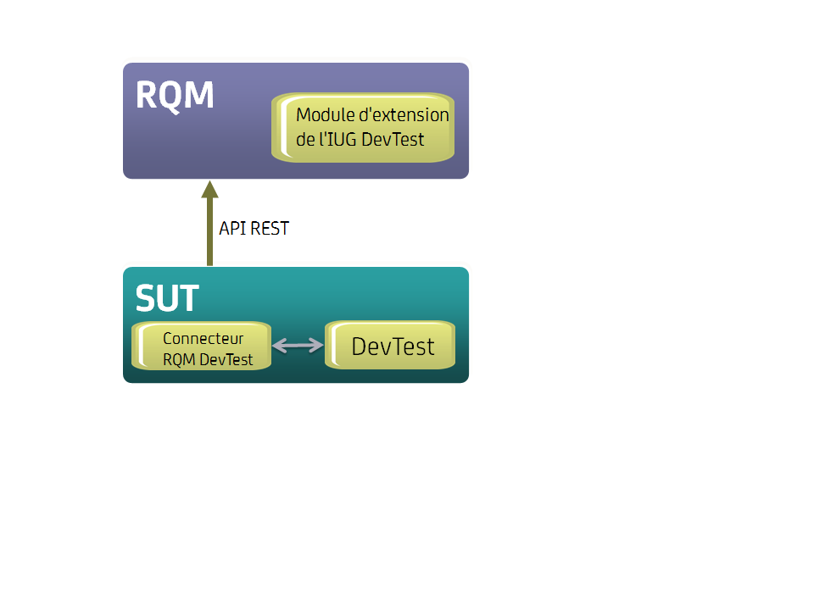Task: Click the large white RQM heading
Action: point(175,96)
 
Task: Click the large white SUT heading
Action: point(167,298)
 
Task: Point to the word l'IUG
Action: point(337,139)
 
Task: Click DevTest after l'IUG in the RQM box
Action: point(393,139)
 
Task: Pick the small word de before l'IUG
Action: point(305,139)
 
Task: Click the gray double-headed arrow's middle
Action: point(298,345)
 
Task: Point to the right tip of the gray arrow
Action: point(321,345)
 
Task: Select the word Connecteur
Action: point(203,339)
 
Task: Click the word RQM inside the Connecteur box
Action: point(180,359)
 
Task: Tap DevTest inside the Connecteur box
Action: point(226,359)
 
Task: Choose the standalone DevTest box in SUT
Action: point(391,345)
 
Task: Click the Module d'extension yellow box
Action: point(363,127)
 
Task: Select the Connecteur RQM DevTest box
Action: point(201,346)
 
